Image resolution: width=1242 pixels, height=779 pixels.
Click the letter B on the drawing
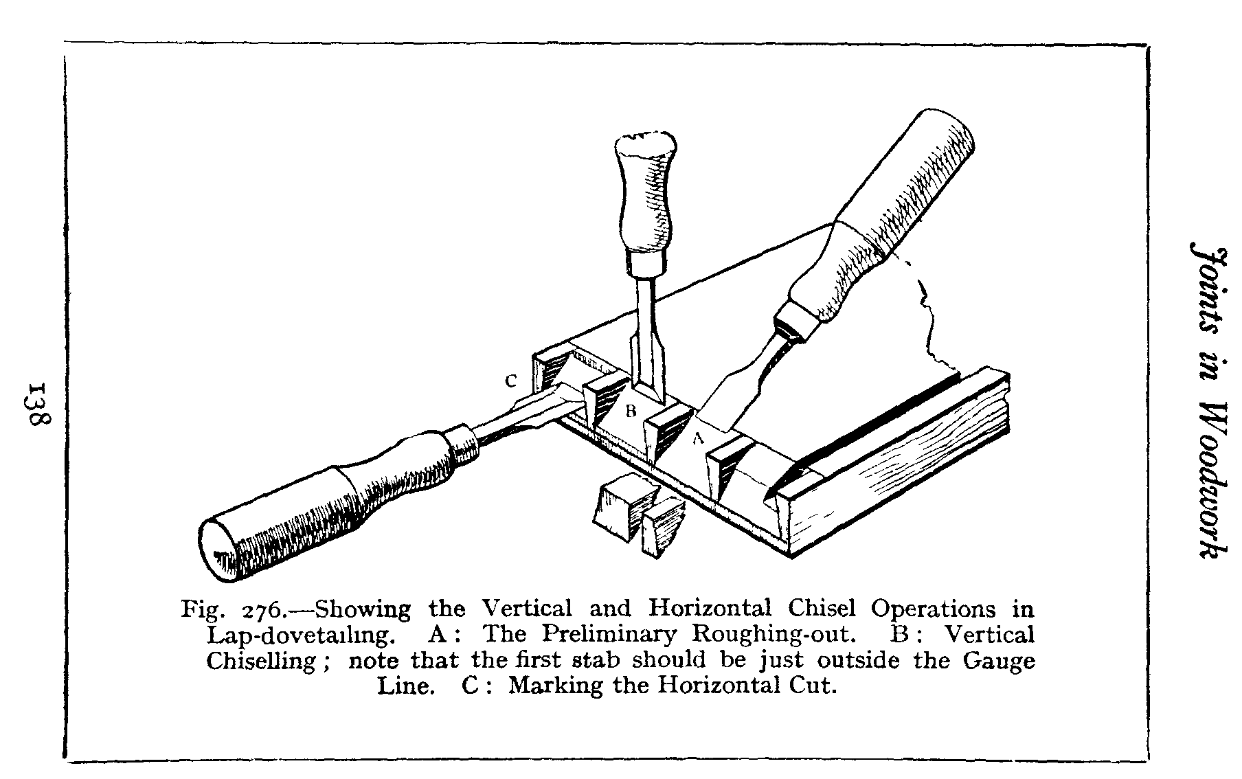(631, 411)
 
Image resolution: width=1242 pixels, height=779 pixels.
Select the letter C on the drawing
(510, 382)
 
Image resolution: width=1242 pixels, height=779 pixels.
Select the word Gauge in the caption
(999, 660)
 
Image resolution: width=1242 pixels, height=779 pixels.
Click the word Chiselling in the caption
(262, 661)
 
